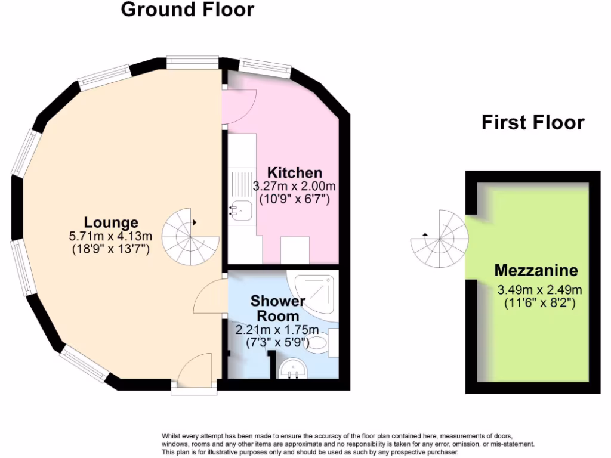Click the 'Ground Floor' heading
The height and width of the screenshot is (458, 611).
point(187,10)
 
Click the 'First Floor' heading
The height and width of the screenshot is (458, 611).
point(533,123)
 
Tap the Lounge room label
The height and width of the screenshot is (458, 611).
point(111,223)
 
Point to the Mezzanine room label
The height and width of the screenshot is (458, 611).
point(536,271)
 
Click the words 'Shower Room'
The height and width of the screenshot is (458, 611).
point(277,308)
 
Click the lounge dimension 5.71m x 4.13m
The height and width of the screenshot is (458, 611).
point(111,236)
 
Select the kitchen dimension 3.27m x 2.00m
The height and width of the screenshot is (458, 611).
point(294,186)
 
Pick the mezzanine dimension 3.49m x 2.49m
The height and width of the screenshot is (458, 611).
point(539,290)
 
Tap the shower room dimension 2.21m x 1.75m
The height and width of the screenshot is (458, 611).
point(277,330)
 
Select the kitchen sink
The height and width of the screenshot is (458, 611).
point(242,209)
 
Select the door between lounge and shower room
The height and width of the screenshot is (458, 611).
point(209,296)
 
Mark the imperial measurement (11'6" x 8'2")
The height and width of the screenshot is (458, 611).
point(539,303)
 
